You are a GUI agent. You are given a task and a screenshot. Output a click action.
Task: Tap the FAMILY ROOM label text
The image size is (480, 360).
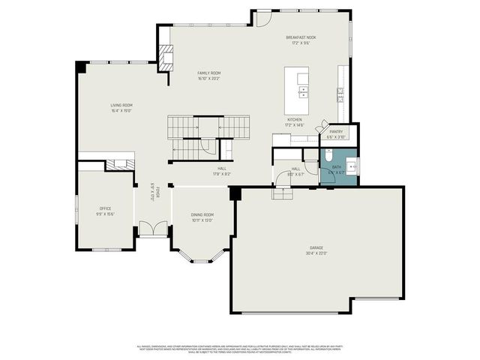[209, 73]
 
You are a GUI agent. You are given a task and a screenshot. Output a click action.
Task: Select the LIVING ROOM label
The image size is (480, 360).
[121, 106]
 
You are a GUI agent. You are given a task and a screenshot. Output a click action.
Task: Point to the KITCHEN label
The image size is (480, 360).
[295, 120]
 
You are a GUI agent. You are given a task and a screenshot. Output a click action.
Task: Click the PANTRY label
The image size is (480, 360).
[336, 131]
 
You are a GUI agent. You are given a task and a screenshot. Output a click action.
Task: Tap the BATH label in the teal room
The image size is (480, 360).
[336, 167]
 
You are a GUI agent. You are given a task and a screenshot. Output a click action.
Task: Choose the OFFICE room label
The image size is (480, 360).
[105, 208]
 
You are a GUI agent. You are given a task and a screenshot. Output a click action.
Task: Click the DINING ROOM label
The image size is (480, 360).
[202, 214]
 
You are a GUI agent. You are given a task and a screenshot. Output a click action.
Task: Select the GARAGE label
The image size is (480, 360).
[316, 247]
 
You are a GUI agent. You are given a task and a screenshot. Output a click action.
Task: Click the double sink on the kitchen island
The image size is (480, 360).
[304, 92]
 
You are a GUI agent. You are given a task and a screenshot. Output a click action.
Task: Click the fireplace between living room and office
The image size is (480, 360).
[118, 164]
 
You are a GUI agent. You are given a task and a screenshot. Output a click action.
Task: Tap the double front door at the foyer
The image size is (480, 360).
[154, 229]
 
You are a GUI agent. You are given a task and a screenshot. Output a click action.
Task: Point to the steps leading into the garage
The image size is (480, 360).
[281, 193]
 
